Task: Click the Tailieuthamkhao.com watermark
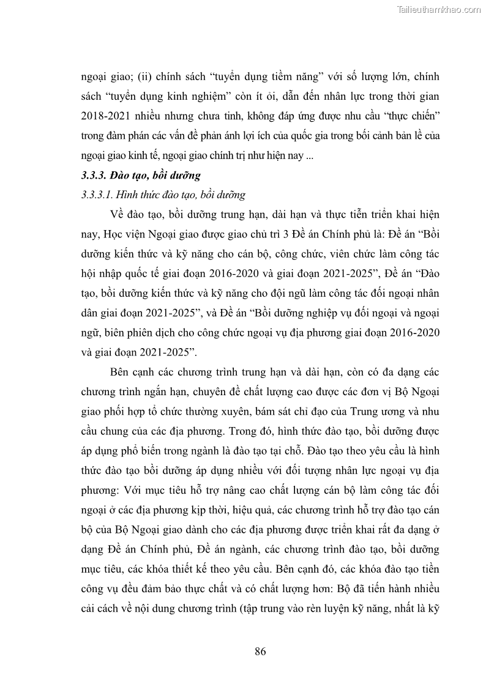coord(439,9)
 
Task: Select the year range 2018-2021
coord(107,116)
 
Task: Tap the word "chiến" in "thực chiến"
coord(422,116)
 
